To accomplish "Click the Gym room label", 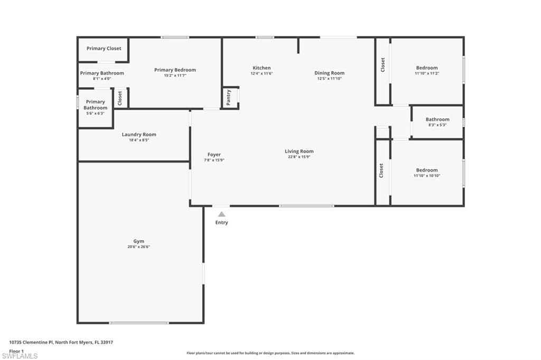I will coord(138,241).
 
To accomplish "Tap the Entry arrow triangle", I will coord(222,214).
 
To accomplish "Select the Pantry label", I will coord(229,98).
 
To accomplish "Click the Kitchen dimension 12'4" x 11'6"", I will coord(262,73).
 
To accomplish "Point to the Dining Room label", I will coord(329,73).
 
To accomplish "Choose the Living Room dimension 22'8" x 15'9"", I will coord(299,157).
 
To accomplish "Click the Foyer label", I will coord(214,155).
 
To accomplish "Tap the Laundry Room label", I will coord(139,135).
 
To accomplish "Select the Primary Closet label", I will coord(104,49).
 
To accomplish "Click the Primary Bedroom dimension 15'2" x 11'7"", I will coord(175,75).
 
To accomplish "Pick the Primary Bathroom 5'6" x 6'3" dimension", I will coord(95,113).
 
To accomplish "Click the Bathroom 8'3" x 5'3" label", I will coord(437,119).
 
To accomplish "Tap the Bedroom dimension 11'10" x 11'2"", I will coord(426,73).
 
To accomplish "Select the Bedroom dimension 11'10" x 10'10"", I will coord(426,176).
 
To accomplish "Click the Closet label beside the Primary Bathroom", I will coord(120,97).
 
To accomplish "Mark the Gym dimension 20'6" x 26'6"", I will coord(138,247).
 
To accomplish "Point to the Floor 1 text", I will coord(16,350).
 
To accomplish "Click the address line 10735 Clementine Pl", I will coord(61,342).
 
